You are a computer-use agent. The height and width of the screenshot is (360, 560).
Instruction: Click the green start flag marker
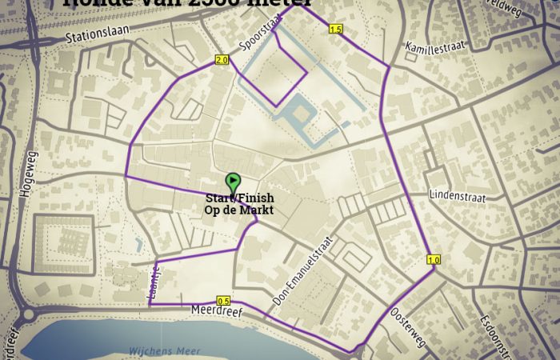(x=233, y=182)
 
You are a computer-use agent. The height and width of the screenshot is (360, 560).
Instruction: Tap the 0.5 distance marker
(x=223, y=301)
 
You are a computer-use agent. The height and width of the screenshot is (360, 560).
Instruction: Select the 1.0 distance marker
(x=434, y=259)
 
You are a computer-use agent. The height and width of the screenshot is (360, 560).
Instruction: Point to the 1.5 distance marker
(x=335, y=30)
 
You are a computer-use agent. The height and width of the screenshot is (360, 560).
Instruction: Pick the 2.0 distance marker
(x=222, y=60)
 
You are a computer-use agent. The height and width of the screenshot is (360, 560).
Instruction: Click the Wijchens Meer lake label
(x=157, y=352)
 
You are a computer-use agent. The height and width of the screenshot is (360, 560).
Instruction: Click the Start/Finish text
(x=239, y=198)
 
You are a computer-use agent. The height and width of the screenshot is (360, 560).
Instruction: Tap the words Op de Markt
(x=239, y=210)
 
